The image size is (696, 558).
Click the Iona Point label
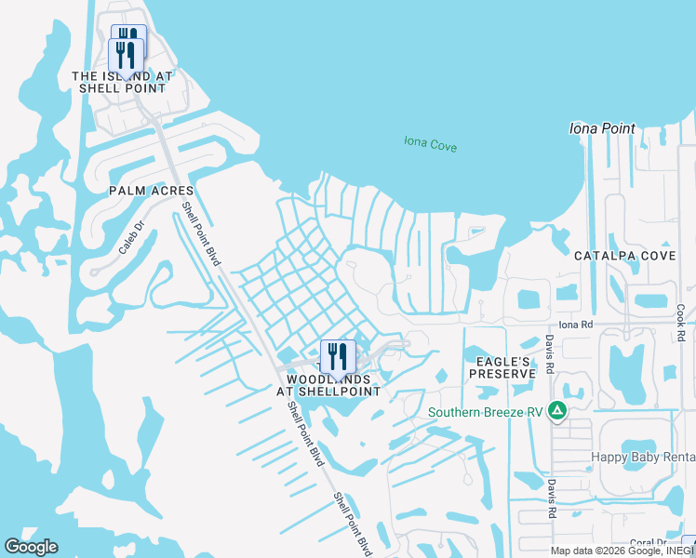[x=601, y=129]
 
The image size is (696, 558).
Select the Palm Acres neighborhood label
[x=150, y=190]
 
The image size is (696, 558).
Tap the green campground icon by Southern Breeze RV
[x=556, y=410]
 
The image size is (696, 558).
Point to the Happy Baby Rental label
[x=643, y=457]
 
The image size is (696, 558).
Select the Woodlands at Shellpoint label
[x=333, y=385]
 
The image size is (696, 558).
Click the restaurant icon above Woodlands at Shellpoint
[x=337, y=355]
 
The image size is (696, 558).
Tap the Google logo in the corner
[x=31, y=547]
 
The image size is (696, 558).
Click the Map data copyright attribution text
[x=614, y=551]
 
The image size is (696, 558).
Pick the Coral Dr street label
[x=649, y=543]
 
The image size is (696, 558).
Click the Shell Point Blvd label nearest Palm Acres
[x=202, y=235]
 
